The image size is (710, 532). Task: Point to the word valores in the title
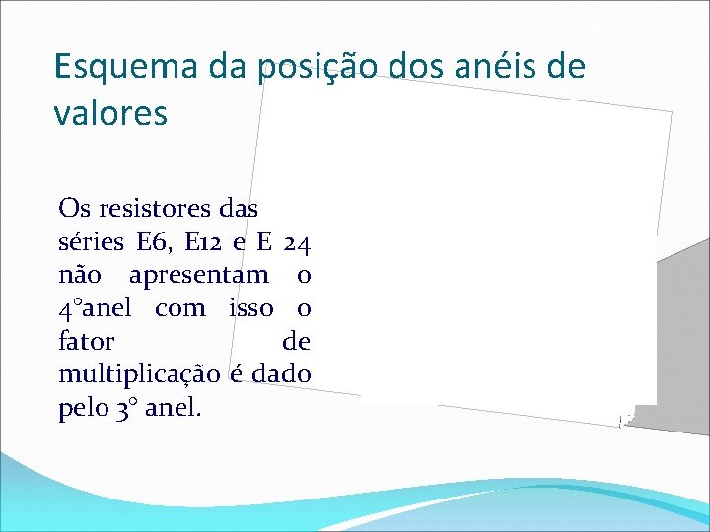click(x=110, y=112)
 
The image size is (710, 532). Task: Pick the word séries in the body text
click(x=92, y=241)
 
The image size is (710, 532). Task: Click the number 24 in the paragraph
click(x=297, y=241)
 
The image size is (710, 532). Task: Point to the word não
click(x=80, y=275)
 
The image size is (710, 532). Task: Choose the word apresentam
click(x=198, y=275)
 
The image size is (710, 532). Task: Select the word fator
click(x=87, y=342)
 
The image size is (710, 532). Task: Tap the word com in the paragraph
click(x=180, y=308)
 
